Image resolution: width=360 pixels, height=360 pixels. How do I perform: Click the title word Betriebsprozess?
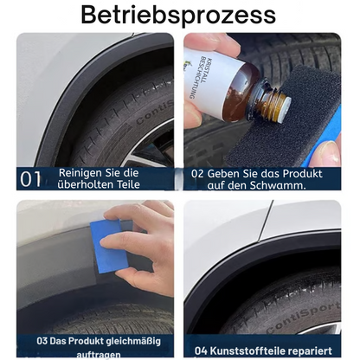pyautogui.click(x=178, y=16)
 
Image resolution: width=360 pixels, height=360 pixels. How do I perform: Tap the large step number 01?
pyautogui.click(x=30, y=179)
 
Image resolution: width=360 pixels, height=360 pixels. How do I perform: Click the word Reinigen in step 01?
pyautogui.click(x=76, y=173)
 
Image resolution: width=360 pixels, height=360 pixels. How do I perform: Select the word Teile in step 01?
pyautogui.click(x=128, y=184)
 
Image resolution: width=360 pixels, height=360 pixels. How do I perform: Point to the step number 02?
pyautogui.click(x=197, y=174)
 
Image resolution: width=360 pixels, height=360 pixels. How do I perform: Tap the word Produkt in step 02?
pyautogui.click(x=302, y=174)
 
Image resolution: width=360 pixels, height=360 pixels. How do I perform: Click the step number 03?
pyautogui.click(x=42, y=341)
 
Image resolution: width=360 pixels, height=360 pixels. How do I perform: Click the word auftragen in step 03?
pyautogui.click(x=99, y=354)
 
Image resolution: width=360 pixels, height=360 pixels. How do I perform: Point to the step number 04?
pyautogui.click(x=201, y=351)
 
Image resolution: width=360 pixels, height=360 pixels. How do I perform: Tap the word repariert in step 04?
pyautogui.click(x=310, y=351)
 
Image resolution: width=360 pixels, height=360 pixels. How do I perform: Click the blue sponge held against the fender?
pyautogui.click(x=109, y=245)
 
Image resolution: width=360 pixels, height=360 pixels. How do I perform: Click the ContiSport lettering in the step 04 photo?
pyautogui.click(x=302, y=318)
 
